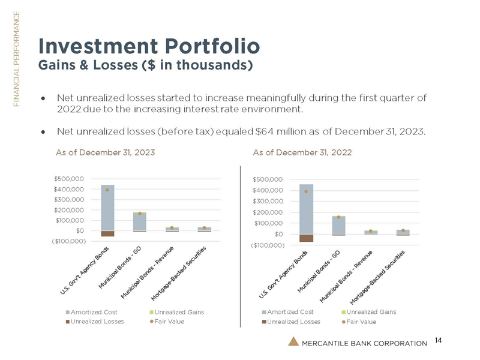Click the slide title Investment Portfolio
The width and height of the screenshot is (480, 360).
tap(149, 45)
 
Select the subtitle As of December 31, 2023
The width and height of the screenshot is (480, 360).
tap(106, 152)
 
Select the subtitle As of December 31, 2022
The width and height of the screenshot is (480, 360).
tap(303, 152)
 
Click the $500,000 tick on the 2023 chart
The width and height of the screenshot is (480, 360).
tap(68, 178)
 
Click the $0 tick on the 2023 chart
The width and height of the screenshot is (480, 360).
tap(78, 230)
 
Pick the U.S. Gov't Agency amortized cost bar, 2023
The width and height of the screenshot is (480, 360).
tap(108, 207)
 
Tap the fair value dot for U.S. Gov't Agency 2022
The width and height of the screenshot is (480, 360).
tap(306, 191)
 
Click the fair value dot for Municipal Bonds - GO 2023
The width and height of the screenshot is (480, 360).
tap(140, 213)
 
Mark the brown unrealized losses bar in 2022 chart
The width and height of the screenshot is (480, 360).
tap(306, 238)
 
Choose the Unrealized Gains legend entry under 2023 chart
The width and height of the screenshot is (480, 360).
tap(179, 312)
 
